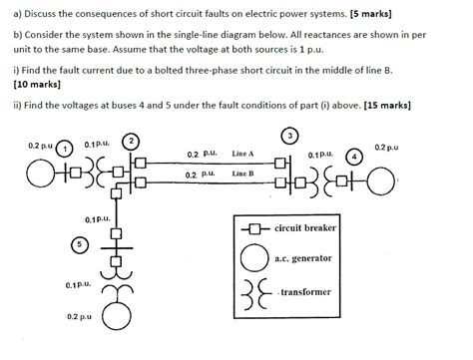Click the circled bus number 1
click(67, 150)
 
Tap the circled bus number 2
click(131, 139)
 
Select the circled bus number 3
click(290, 134)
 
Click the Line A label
click(243, 155)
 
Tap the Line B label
click(243, 175)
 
